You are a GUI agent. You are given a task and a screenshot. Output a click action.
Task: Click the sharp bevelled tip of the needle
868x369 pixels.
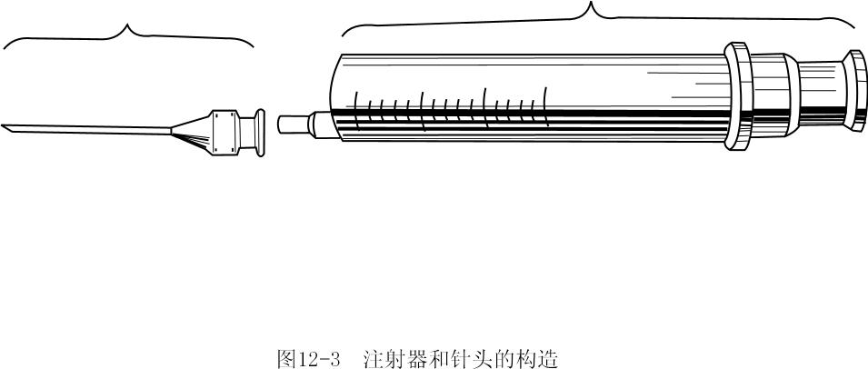5,127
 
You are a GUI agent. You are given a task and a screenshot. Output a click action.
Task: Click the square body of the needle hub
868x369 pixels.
224,131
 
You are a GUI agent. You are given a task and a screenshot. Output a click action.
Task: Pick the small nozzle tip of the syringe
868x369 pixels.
293,125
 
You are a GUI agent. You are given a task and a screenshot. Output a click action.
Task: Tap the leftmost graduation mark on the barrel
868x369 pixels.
356,109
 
